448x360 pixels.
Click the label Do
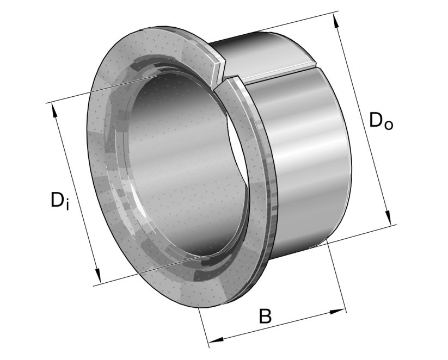coord(381,120)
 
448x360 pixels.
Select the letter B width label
coord(265,316)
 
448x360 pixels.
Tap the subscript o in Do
coord(388,123)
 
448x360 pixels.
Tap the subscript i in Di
coord(67,204)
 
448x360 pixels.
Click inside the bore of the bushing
coord(180,163)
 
